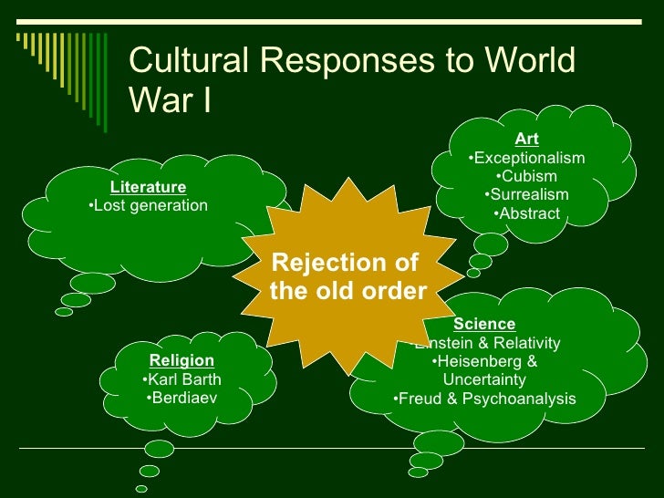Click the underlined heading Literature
coord(148,188)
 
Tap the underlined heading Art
coord(526,140)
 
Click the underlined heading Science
coord(484,325)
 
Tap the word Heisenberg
coord(479,360)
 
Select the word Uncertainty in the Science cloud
coord(484,379)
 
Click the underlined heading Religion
coord(182,361)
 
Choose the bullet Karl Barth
coord(182,379)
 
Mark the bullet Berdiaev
coord(182,398)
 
